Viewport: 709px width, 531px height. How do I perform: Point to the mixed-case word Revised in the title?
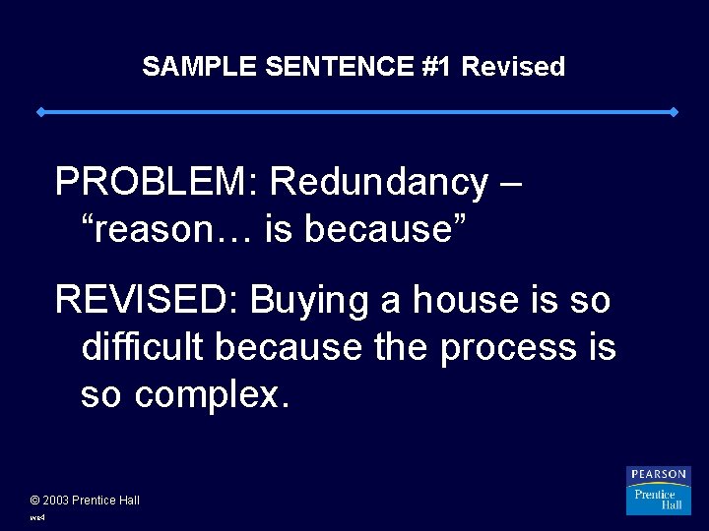click(513, 67)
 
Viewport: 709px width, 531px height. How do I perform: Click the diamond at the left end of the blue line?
click(40, 112)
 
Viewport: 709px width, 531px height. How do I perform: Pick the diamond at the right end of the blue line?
click(674, 112)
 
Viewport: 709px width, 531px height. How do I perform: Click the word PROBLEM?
click(157, 182)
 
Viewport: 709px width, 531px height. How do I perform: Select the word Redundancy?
click(378, 182)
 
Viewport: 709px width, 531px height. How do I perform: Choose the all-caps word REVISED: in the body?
click(148, 300)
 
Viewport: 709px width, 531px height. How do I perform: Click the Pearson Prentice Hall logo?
click(658, 491)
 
